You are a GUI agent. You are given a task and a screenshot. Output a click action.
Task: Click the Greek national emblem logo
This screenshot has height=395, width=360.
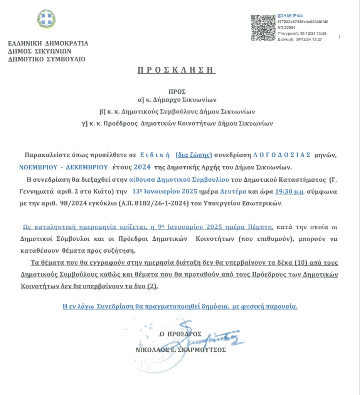pos(46,19)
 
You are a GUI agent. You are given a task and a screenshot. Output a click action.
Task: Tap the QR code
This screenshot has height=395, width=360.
pos(263,27)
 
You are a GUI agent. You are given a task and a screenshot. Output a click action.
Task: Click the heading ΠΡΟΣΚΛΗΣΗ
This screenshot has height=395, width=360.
pos(177,70)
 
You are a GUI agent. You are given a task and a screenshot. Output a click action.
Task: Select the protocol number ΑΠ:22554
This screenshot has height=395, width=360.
pos(286,28)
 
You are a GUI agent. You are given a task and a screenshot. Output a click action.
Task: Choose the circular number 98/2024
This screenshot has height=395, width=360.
pos(74,204)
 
